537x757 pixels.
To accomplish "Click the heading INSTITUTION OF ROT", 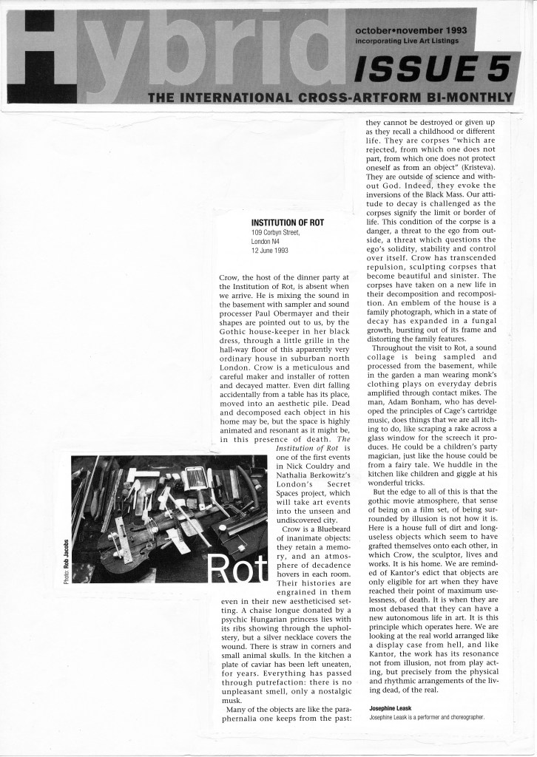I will pos(288,222).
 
